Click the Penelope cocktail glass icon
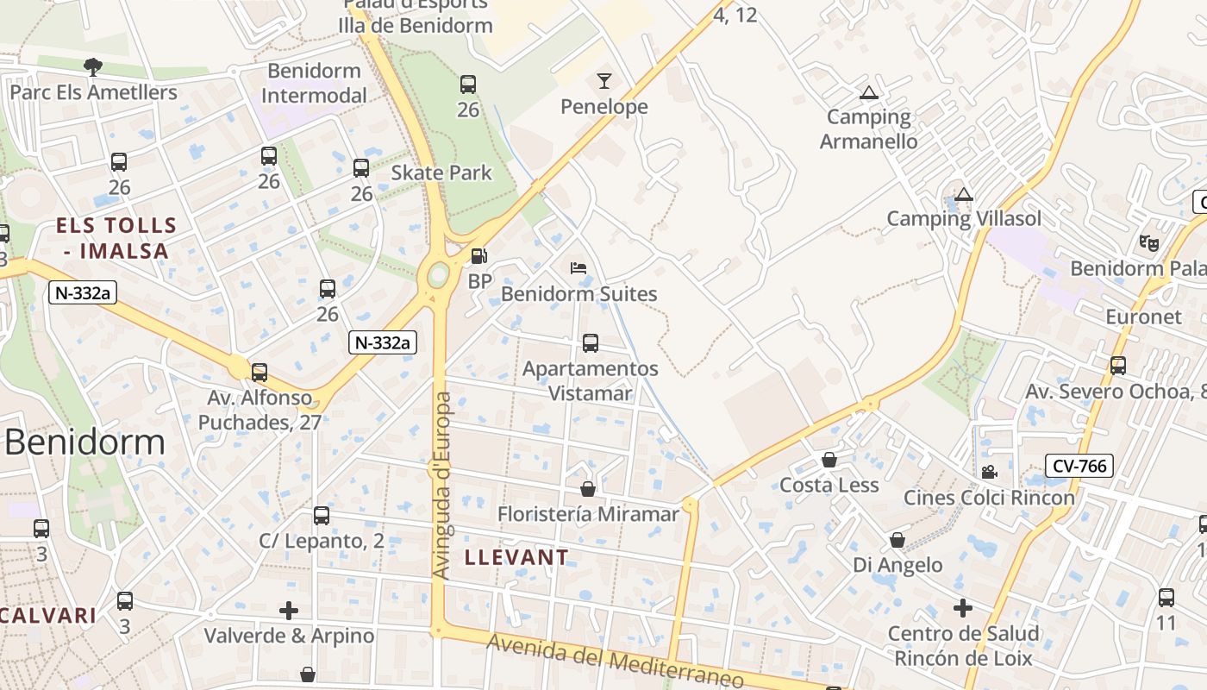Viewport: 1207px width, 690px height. [x=603, y=81]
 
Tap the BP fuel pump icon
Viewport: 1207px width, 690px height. [x=478, y=256]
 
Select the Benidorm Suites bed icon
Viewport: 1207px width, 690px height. [x=578, y=268]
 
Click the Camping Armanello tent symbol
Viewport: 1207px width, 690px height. [x=868, y=92]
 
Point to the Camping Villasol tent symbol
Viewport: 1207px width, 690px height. [x=964, y=194]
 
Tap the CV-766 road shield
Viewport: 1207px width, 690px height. [x=1079, y=467]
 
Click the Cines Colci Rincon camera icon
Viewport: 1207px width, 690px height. [x=989, y=472]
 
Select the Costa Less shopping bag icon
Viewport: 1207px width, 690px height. [x=829, y=460]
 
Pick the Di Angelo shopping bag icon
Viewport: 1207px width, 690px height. [x=897, y=540]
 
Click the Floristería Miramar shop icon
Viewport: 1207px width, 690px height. [x=588, y=489]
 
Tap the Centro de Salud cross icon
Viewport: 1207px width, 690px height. [x=963, y=608]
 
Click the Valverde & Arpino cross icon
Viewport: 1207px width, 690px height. [x=289, y=611]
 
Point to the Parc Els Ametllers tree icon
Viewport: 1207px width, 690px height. [x=92, y=66]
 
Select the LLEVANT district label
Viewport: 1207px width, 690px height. [x=516, y=557]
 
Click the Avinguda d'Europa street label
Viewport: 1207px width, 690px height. [x=441, y=486]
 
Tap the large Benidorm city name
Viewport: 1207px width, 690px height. [x=84, y=442]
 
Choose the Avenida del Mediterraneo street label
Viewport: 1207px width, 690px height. [x=615, y=662]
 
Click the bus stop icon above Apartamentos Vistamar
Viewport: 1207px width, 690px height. [x=591, y=343]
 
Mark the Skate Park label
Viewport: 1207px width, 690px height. [x=441, y=172]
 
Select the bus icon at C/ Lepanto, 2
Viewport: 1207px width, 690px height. [x=322, y=516]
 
